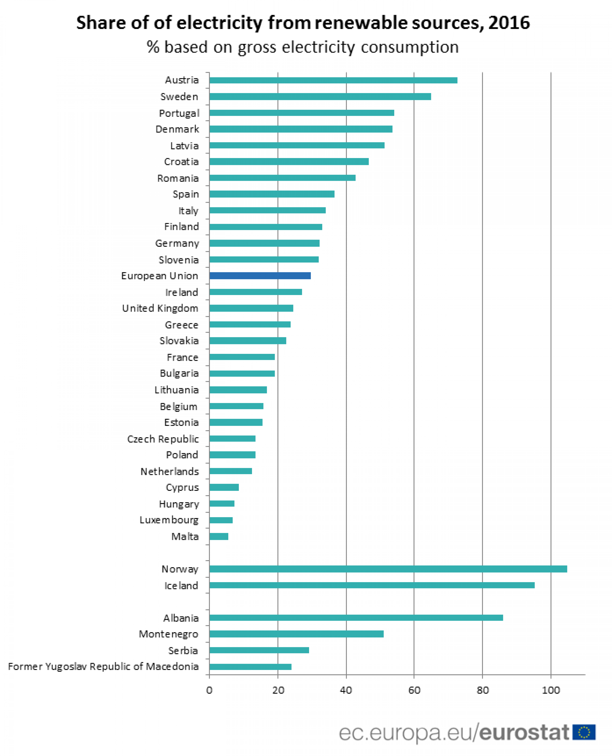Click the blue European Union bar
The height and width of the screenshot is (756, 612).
[x=260, y=276]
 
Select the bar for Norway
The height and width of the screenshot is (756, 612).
[x=388, y=569]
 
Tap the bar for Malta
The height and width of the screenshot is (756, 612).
[x=219, y=536]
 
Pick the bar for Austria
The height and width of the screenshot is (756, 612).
[x=333, y=80]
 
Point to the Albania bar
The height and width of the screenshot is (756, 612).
[x=356, y=618]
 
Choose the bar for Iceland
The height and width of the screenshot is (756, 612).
[x=372, y=585]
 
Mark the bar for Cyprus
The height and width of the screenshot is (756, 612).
[x=224, y=487]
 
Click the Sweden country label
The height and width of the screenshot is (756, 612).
[x=179, y=97]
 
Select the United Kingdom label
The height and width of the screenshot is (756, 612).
[x=160, y=308]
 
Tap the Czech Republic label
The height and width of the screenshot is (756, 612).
[x=163, y=439]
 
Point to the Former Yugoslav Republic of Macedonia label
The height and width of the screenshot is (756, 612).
[x=103, y=666]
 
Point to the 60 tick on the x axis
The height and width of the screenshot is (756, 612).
[x=414, y=690]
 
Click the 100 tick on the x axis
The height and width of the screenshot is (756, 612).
[x=551, y=690]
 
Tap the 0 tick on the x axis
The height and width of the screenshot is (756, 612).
[x=209, y=690]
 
